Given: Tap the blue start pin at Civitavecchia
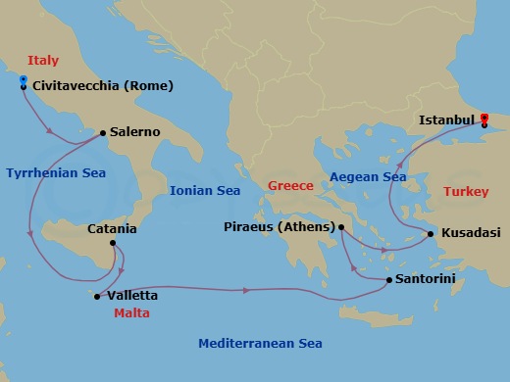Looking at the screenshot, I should point(23,81).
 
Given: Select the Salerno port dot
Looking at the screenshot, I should point(103,132).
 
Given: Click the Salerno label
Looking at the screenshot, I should point(135,131).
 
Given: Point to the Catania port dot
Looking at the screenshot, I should point(113,243).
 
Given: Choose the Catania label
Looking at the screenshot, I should point(112,229).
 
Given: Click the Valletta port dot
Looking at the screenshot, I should point(96,295).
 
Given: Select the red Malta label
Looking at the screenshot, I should point(132,313).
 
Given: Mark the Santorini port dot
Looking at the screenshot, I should point(389,280).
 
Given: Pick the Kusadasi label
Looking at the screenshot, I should point(471,233).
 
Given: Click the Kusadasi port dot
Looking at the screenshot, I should point(431,234).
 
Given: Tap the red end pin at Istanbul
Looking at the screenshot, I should point(484,119).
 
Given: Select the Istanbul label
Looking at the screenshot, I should point(446,120).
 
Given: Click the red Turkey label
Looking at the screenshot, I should point(465,192).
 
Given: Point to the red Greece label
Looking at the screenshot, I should point(290,186).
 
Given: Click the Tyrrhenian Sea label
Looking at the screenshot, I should point(56,173).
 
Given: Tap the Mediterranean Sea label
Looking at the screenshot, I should point(260,344).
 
